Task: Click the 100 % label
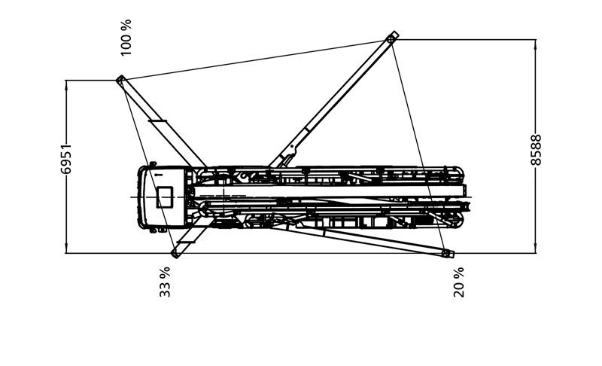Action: (126, 37)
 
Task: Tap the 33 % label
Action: (165, 282)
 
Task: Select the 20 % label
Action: (459, 282)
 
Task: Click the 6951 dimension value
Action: (65, 159)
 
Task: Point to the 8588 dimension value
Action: (536, 150)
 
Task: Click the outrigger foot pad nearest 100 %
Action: (121, 80)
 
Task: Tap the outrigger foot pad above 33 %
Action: (175, 253)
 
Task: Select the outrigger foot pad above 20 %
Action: (447, 253)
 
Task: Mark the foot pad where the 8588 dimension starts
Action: (392, 38)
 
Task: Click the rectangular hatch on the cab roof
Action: (164, 197)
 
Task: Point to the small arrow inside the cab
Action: (157, 175)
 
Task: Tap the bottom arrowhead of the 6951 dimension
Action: (66, 248)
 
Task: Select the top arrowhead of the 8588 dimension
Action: (535, 45)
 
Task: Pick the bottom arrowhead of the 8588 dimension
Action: (535, 248)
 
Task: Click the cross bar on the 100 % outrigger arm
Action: (157, 121)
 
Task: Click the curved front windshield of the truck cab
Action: (141, 197)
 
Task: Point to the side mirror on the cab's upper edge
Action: (153, 164)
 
